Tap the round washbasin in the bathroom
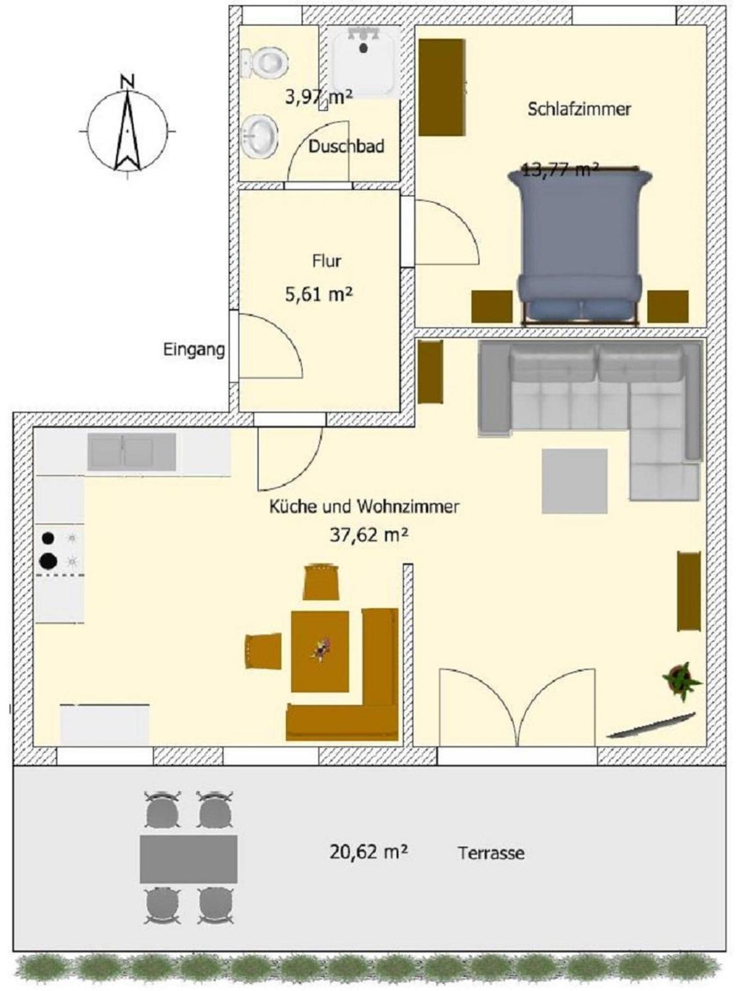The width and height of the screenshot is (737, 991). [x=259, y=136]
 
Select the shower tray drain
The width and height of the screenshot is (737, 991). [x=364, y=48]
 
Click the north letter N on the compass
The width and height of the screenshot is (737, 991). [x=127, y=82]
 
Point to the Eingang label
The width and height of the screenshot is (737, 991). [x=194, y=349]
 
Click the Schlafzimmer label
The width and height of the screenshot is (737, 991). [x=579, y=109]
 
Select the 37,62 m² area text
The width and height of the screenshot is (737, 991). [x=369, y=535]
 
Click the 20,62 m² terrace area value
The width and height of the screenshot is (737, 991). [x=369, y=851]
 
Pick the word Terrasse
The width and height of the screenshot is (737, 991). [x=491, y=853]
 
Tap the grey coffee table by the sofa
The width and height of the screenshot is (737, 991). [x=574, y=481]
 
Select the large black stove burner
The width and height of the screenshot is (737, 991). [x=47, y=560]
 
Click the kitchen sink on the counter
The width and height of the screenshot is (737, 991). [x=131, y=452]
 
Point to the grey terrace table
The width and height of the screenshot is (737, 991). [x=188, y=859]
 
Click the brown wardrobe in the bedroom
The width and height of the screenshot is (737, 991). [x=441, y=87]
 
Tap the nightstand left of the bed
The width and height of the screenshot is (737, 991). [x=491, y=307]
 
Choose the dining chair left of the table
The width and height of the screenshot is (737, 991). [x=263, y=651]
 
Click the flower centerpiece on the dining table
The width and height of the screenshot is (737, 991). [x=322, y=649]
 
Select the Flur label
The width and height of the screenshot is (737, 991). [x=326, y=261]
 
